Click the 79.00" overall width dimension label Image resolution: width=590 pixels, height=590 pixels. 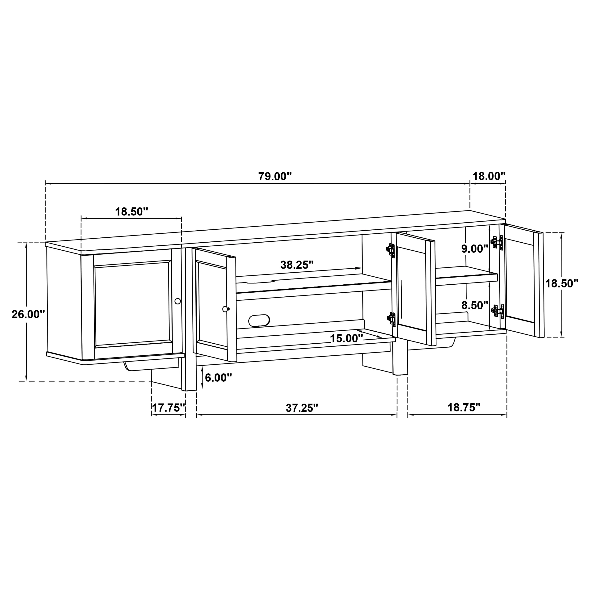point(275,177)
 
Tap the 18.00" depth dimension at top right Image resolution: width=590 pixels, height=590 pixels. point(489,176)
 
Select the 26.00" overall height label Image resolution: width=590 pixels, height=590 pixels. point(28,314)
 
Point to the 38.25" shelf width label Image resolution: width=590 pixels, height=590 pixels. point(297,265)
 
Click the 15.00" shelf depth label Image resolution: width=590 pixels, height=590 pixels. point(346,338)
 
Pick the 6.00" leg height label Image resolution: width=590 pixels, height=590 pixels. point(218,378)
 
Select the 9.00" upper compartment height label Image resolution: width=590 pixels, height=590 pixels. point(475,249)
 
